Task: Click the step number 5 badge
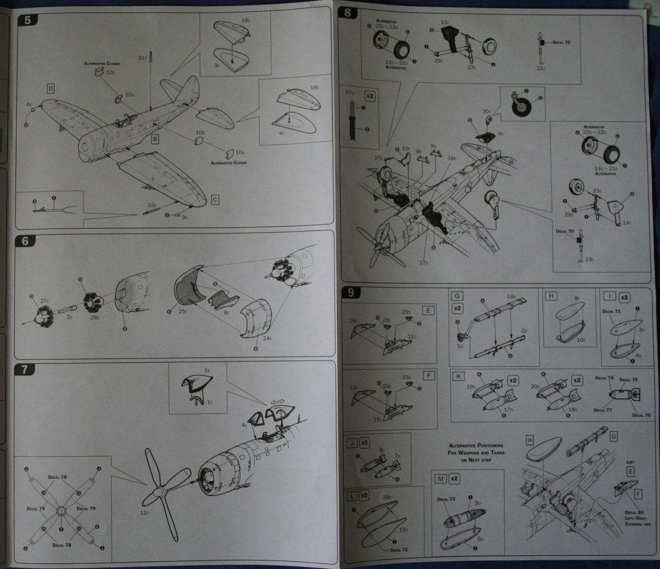25,21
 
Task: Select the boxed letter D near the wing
51,89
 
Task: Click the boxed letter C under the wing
216,200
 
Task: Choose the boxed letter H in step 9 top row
551,296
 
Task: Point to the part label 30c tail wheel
487,111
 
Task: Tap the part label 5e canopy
207,370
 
